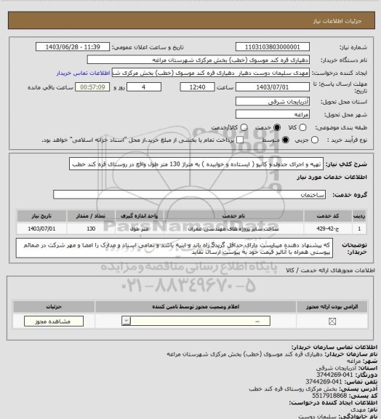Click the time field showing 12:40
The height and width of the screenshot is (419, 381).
(x=178, y=87)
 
